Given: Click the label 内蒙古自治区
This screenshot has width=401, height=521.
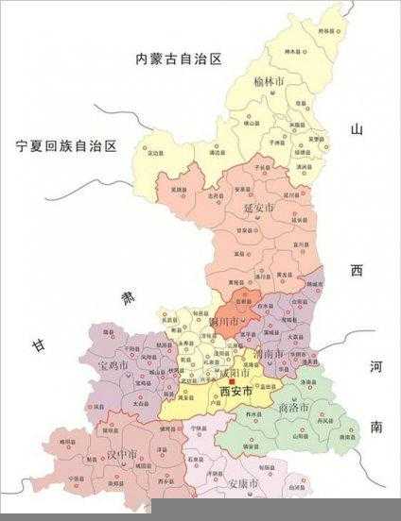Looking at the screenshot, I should click(x=178, y=59).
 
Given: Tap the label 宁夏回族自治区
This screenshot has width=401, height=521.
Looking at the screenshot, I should click(x=66, y=145).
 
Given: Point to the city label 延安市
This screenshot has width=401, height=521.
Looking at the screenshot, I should click(x=259, y=208).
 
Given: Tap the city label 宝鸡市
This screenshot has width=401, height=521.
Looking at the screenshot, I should click(x=113, y=362).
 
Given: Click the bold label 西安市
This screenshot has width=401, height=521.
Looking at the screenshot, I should click(x=235, y=391).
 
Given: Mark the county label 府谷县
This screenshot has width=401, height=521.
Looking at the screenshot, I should click(x=326, y=30).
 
